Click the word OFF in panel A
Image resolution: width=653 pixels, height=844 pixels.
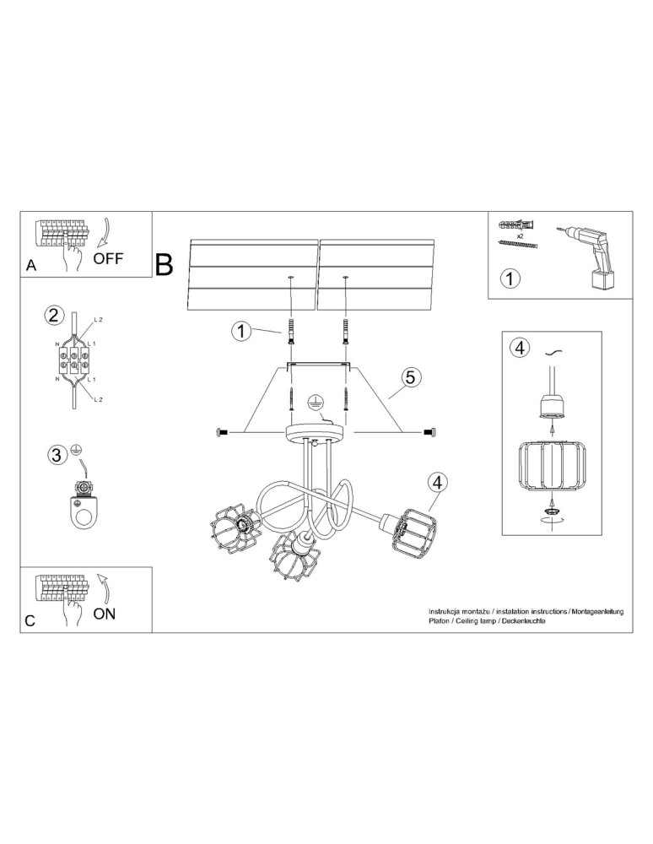(x=107, y=258)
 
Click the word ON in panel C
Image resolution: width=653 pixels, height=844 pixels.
(x=103, y=613)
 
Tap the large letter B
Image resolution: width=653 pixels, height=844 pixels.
(x=165, y=265)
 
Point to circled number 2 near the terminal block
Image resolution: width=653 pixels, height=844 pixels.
(x=53, y=316)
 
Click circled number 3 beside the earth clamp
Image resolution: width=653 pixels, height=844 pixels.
(x=56, y=456)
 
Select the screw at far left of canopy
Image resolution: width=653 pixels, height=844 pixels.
(x=223, y=432)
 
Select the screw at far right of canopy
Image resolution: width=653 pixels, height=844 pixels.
(x=429, y=432)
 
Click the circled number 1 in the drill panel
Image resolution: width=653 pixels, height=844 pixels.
(x=510, y=278)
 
